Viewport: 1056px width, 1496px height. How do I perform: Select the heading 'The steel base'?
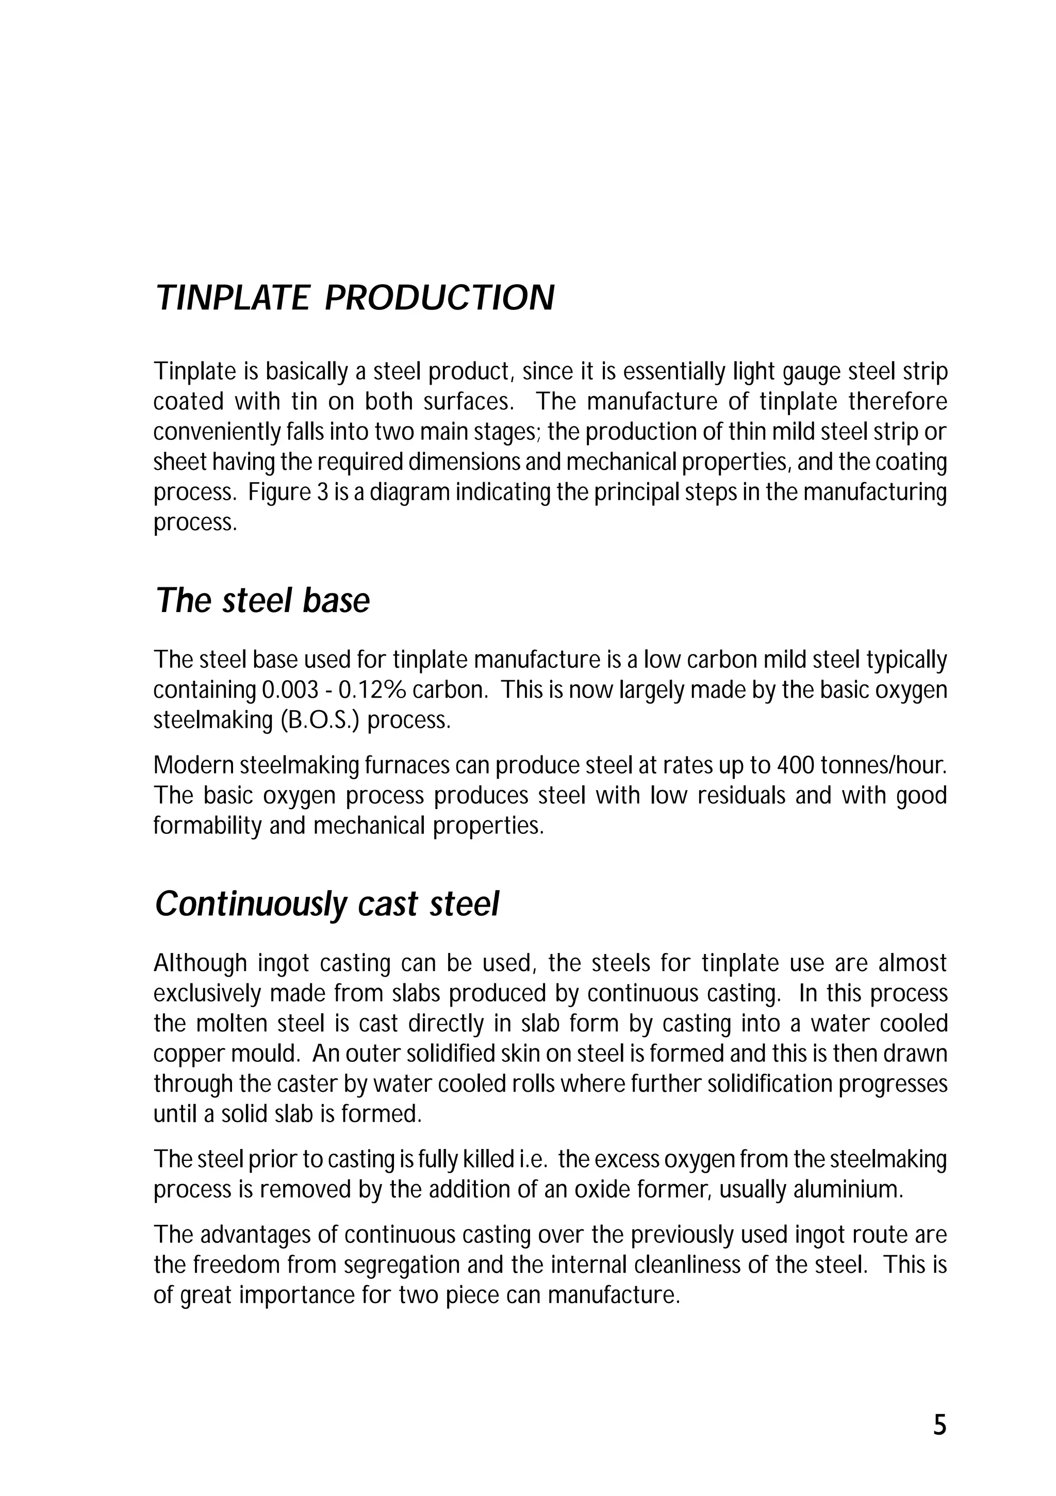(x=262, y=600)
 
